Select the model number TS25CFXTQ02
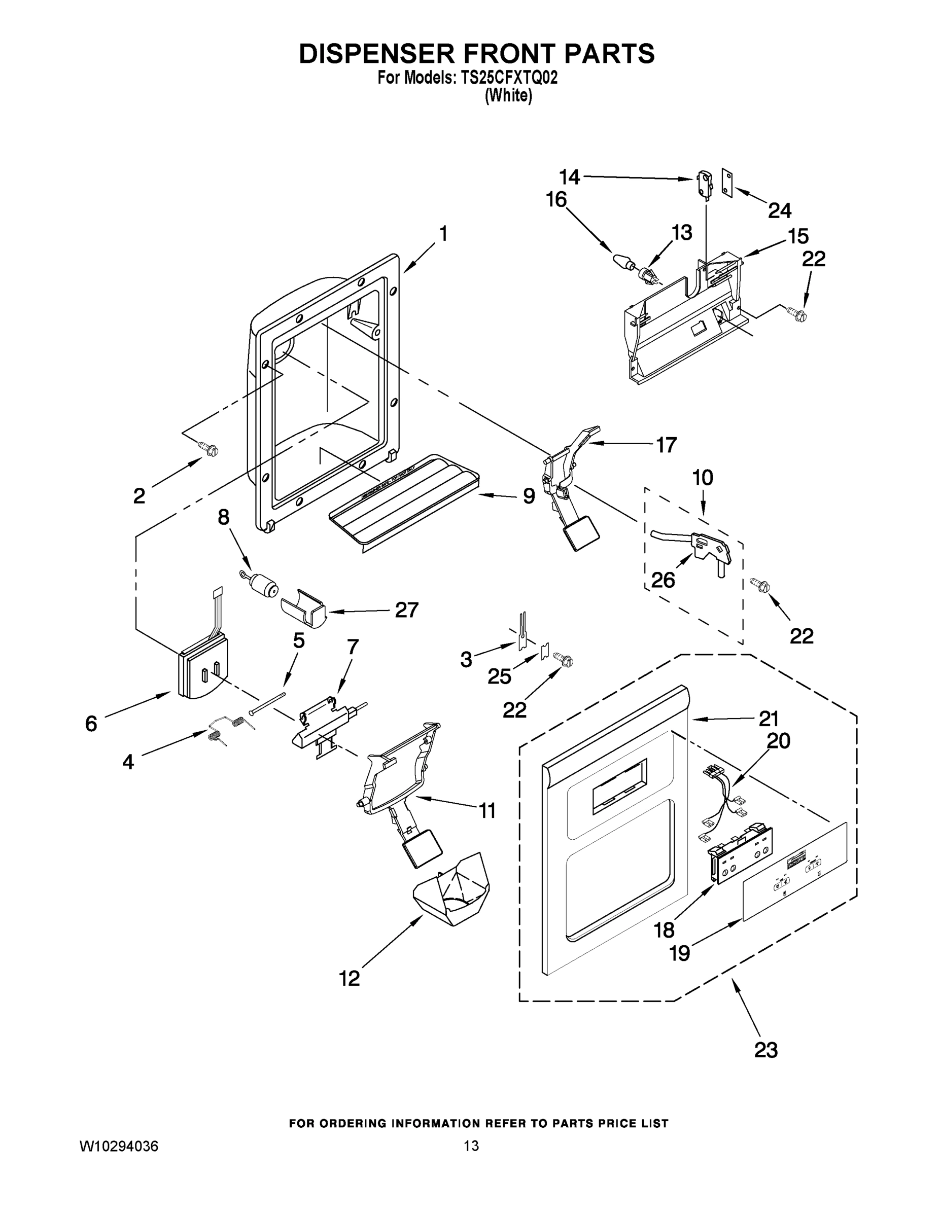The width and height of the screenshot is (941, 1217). [508, 79]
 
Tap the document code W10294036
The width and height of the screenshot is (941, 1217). [119, 1146]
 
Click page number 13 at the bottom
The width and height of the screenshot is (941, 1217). [471, 1146]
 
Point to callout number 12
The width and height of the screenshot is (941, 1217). [350, 978]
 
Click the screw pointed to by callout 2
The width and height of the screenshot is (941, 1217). [211, 449]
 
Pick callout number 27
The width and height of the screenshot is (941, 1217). [406, 610]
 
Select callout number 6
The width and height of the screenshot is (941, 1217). [91, 724]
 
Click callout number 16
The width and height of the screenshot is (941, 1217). [556, 199]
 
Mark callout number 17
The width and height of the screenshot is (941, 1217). [666, 445]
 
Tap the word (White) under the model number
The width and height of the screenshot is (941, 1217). [508, 96]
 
